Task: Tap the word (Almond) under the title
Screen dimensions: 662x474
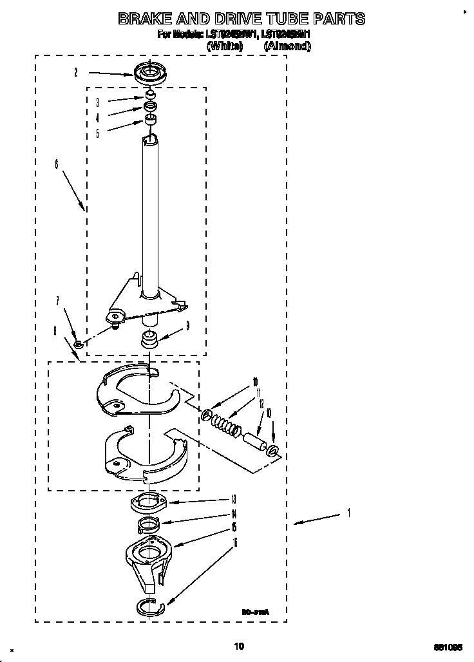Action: [287, 46]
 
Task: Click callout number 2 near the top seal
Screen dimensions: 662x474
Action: [76, 73]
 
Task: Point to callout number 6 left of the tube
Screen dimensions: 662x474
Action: [57, 165]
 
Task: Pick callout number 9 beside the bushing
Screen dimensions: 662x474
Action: [187, 326]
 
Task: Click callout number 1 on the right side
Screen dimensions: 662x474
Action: [348, 513]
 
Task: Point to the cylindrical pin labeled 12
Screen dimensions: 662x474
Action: [255, 444]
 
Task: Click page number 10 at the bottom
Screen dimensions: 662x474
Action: [239, 646]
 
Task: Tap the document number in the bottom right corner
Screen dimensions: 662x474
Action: [448, 647]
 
